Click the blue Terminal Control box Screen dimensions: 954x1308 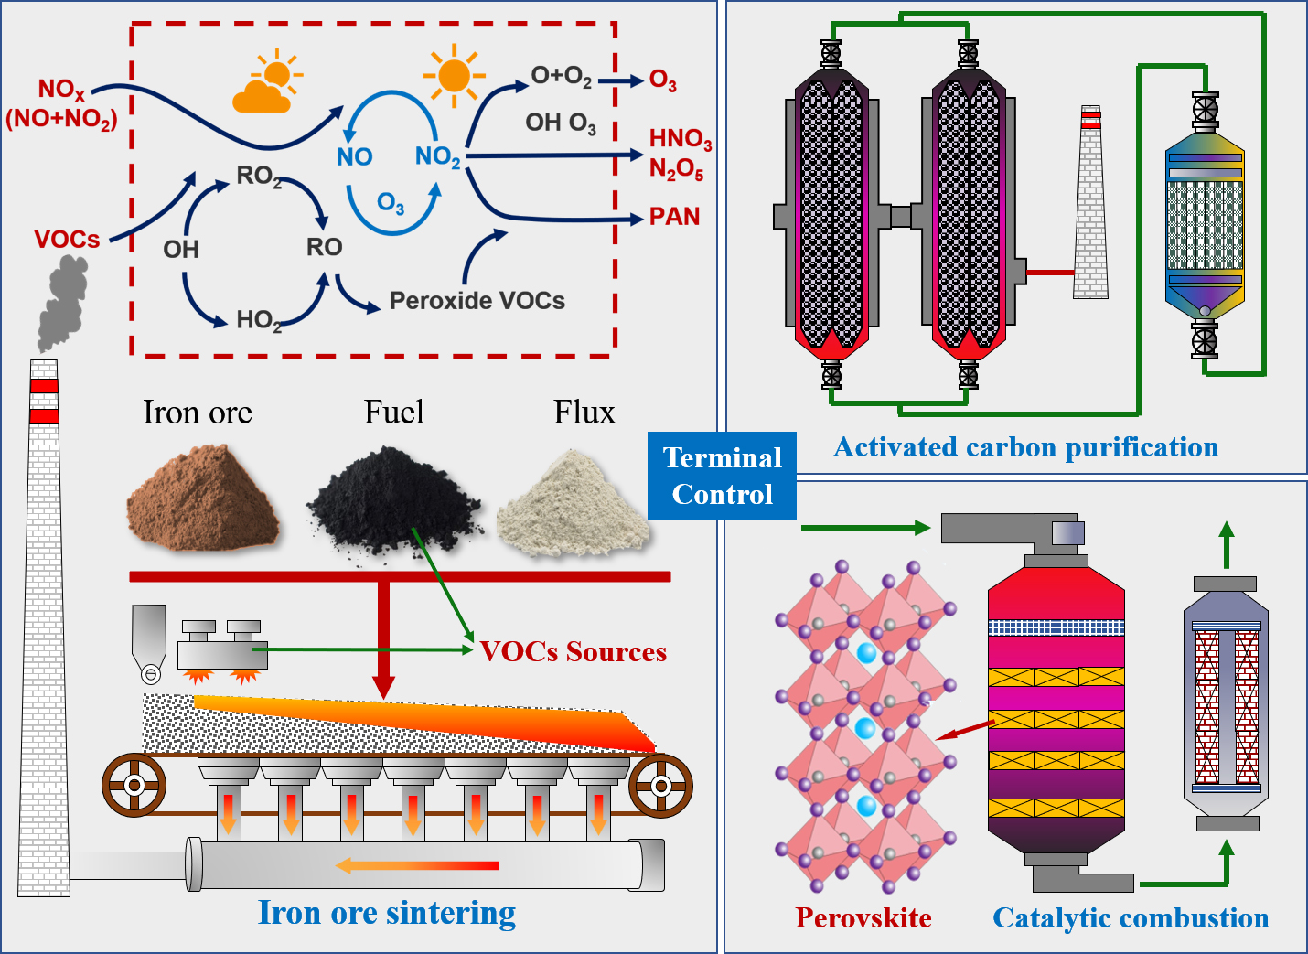click(x=722, y=476)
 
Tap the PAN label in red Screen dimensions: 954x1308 click(x=674, y=217)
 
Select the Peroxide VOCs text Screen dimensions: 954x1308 click(x=477, y=301)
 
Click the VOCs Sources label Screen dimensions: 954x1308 click(x=574, y=651)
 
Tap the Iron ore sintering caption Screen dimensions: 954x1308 click(x=386, y=913)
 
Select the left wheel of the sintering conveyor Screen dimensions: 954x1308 click(x=134, y=785)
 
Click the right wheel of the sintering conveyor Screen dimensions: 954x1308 click(x=660, y=785)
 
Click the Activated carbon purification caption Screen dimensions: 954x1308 click(x=1025, y=447)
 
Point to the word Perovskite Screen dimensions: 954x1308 click(x=863, y=917)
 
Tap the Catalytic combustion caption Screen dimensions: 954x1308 click(x=1131, y=918)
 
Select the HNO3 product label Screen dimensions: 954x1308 click(x=680, y=139)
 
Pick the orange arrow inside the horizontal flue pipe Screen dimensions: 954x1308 click(x=417, y=865)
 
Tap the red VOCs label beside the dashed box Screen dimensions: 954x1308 click(x=67, y=240)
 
